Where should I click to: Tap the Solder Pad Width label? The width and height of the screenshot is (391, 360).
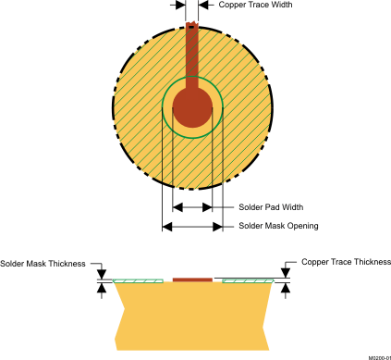pyautogui.click(x=271, y=206)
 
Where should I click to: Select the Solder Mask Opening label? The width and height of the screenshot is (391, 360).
pyautogui.click(x=278, y=226)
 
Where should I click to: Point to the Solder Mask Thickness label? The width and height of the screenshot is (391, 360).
pyautogui.click(x=43, y=264)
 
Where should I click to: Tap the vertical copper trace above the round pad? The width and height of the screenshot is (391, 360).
pyautogui.click(x=192, y=56)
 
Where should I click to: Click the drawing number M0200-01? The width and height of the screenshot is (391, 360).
pyautogui.click(x=373, y=355)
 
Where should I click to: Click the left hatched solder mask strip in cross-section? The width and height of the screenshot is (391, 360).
pyautogui.click(x=138, y=279)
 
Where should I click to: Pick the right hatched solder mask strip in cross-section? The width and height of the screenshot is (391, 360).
pyautogui.click(x=249, y=279)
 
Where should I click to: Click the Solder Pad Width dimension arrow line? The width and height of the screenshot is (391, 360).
pyautogui.click(x=193, y=206)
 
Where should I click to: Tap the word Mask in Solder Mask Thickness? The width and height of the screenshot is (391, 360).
pyautogui.click(x=34, y=264)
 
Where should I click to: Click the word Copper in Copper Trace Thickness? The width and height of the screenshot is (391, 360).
pyautogui.click(x=315, y=264)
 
